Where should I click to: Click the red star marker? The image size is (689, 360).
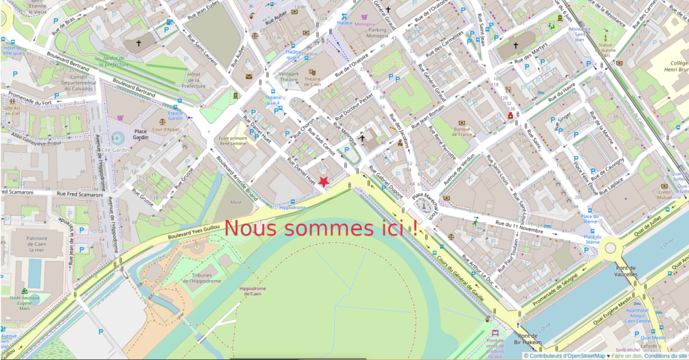pyautogui.click(x=324, y=181)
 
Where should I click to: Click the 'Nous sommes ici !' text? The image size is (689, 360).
pyautogui.click(x=321, y=228)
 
